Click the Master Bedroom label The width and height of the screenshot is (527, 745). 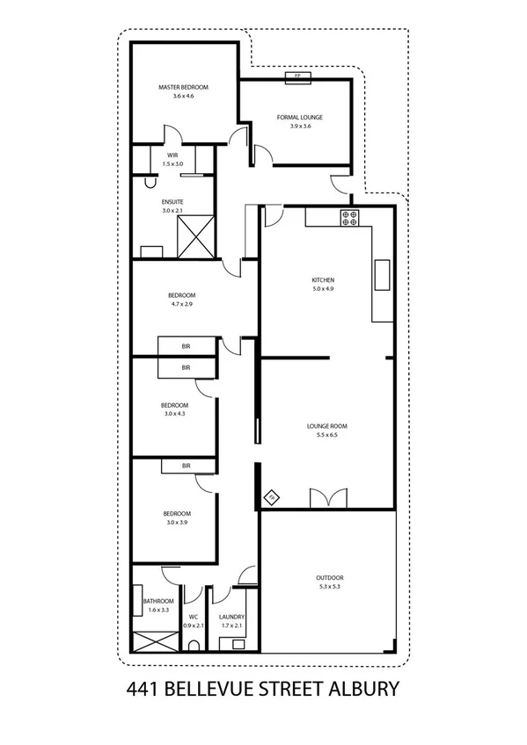coord(183,88)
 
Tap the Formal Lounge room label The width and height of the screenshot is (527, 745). coord(300,117)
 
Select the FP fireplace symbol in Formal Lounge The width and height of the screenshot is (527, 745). coord(297,76)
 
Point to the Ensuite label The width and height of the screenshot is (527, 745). coord(172,202)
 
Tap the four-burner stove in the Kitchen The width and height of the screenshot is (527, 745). coord(349,217)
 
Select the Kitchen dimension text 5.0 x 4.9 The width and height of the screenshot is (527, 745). coord(324,289)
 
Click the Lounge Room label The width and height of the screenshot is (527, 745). coord(322,425)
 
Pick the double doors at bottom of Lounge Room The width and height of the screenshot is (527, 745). coord(322,497)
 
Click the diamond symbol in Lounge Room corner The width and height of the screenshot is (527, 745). coord(272,497)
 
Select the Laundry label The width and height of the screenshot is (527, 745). coord(232,617)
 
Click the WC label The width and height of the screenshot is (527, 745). coord(194,617)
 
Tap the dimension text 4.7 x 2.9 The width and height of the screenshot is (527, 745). coord(183,304)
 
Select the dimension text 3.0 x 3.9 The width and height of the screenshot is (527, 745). coord(177,522)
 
